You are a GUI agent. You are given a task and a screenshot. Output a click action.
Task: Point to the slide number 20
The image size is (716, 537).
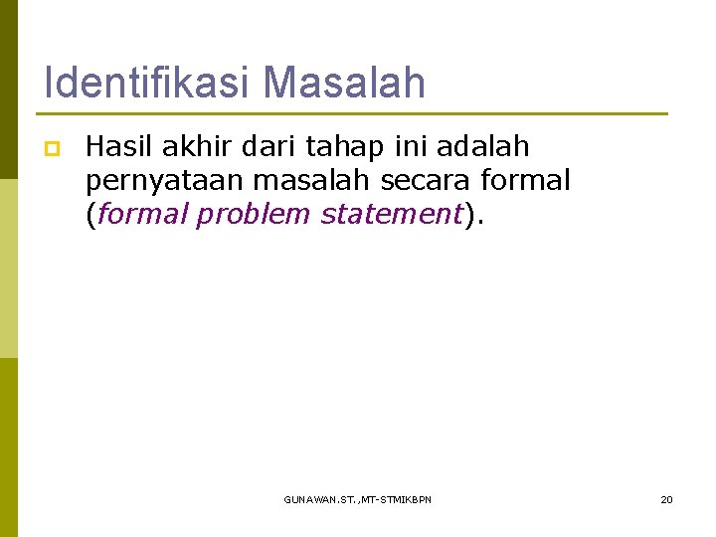point(667,498)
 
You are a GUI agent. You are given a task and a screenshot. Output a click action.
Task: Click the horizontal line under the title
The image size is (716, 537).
point(355,113)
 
